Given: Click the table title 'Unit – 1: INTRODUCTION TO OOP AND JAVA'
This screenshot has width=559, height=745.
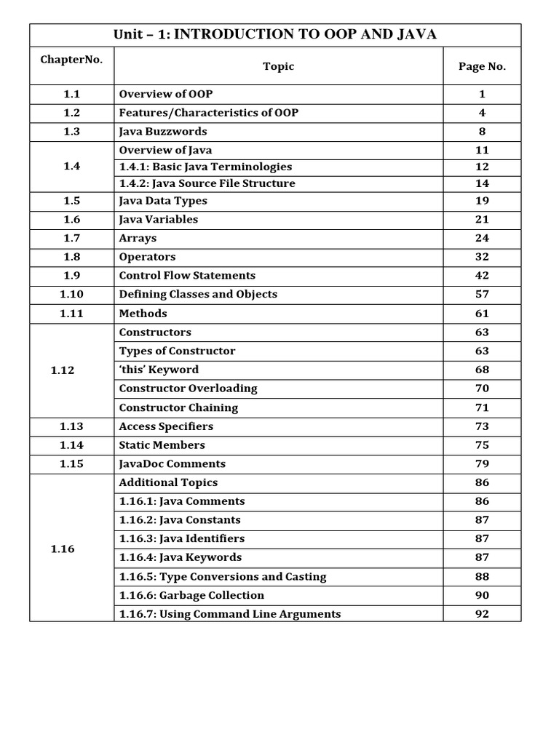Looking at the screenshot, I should tap(275, 35).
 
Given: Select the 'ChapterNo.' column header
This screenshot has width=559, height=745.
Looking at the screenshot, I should tap(71, 60).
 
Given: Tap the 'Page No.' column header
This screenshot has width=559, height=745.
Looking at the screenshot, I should tap(482, 66).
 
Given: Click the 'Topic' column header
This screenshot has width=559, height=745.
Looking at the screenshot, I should tap(278, 66).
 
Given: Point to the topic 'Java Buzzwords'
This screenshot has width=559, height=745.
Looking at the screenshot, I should tap(163, 132).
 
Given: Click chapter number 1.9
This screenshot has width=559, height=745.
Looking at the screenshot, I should tap(71, 276).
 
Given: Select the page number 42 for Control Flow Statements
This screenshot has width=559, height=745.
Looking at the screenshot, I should tap(482, 276).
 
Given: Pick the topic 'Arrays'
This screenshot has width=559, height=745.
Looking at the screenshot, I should tap(138, 238).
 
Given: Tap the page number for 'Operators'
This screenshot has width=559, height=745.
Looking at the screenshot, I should tap(482, 257).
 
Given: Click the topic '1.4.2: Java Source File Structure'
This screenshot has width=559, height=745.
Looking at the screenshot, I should tap(207, 183).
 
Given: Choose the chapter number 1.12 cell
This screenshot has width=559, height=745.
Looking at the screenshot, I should tap(63, 370).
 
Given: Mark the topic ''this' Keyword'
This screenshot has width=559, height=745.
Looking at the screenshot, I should tap(159, 370).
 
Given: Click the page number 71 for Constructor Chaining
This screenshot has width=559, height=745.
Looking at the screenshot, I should tap(482, 407).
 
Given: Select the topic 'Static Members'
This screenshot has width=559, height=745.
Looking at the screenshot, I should tap(162, 445).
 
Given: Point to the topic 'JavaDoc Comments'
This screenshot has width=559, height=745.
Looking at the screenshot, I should tap(173, 464).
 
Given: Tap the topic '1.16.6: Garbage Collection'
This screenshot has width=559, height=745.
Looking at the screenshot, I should tap(191, 595).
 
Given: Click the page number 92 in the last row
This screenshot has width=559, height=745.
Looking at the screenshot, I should tap(482, 614).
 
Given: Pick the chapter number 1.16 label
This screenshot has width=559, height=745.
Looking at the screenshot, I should tap(63, 549).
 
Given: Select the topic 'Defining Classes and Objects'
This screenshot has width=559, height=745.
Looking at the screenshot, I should tap(198, 295).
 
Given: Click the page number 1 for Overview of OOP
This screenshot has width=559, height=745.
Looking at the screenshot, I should tap(482, 94).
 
